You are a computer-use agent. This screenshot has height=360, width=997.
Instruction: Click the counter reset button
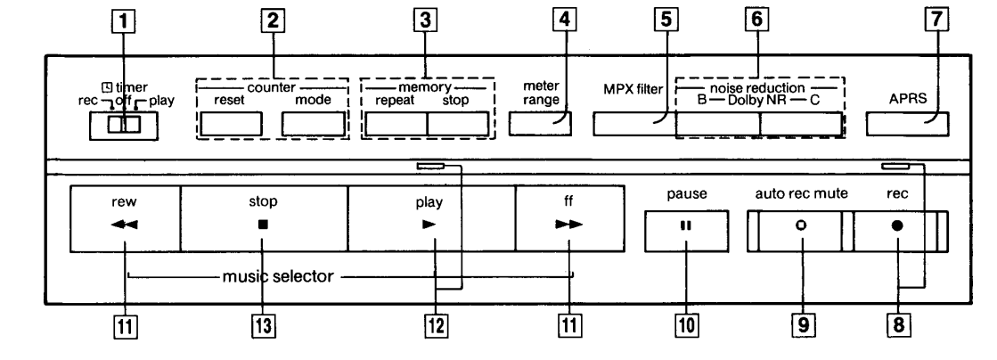tap(230, 125)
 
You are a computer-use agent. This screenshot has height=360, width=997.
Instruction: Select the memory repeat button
tap(396, 125)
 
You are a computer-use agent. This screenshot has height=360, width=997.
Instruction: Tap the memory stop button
tap(458, 125)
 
